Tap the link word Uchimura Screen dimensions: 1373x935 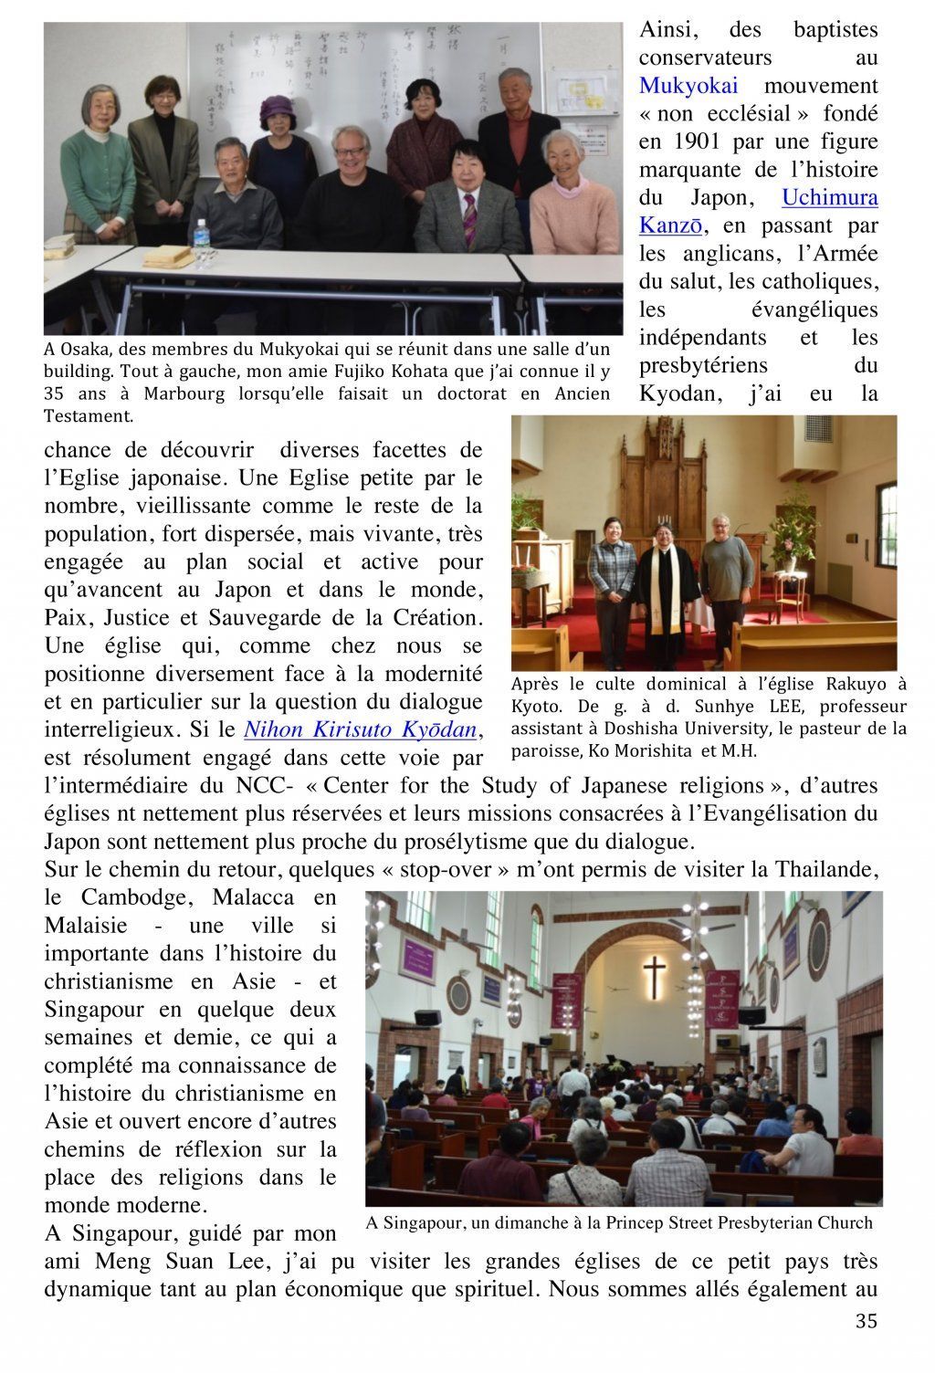pyautogui.click(x=830, y=198)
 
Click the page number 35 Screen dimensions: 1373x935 pyautogui.click(x=867, y=1321)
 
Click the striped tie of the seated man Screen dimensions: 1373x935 pyautogui.click(x=469, y=219)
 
